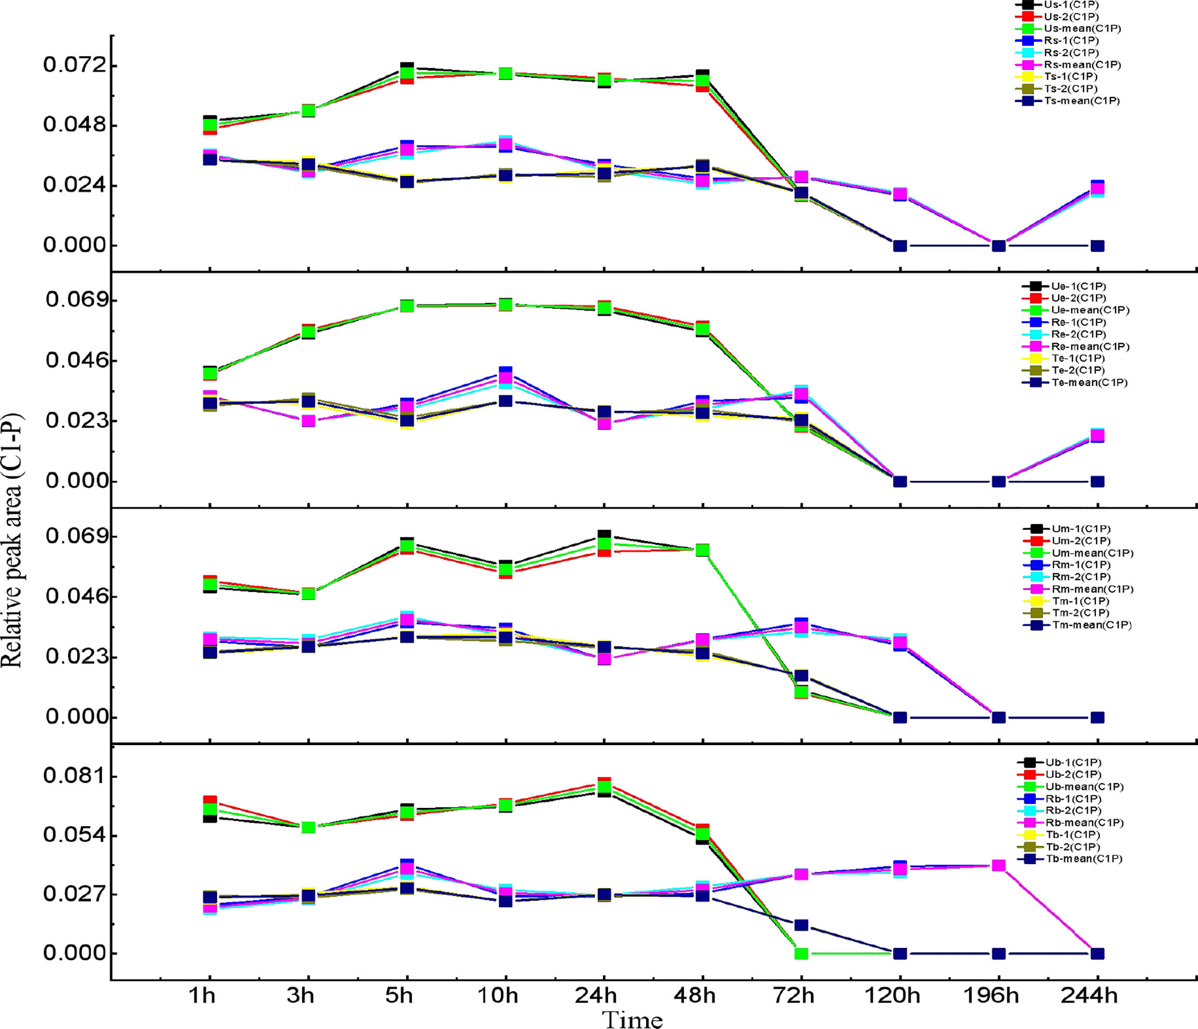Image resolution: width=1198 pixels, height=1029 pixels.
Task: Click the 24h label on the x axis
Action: (x=596, y=995)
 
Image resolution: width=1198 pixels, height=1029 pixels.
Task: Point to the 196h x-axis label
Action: (x=991, y=995)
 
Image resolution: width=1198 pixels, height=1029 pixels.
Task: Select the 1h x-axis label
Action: (x=202, y=995)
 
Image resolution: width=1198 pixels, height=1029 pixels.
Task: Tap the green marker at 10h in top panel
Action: (x=506, y=73)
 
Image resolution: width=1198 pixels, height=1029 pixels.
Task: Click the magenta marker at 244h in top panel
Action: (x=1097, y=188)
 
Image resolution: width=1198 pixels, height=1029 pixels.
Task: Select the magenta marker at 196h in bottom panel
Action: (x=999, y=866)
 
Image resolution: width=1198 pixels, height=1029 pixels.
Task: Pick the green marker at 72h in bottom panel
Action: (x=801, y=953)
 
